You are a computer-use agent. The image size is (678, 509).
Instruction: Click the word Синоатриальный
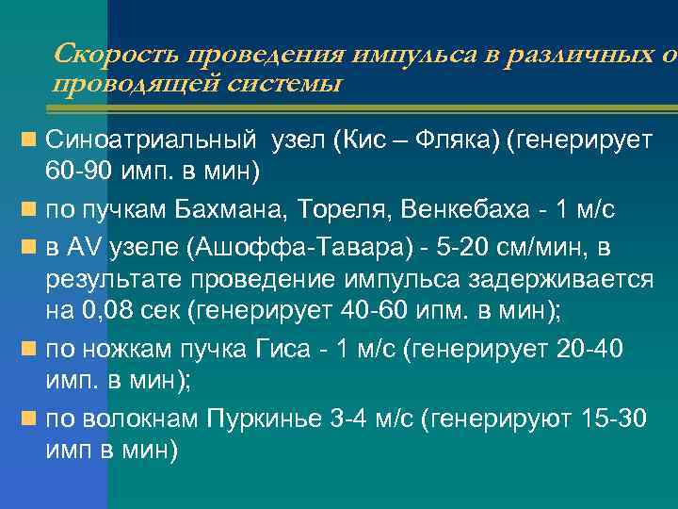151,141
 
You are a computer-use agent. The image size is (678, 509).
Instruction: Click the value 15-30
615,419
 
